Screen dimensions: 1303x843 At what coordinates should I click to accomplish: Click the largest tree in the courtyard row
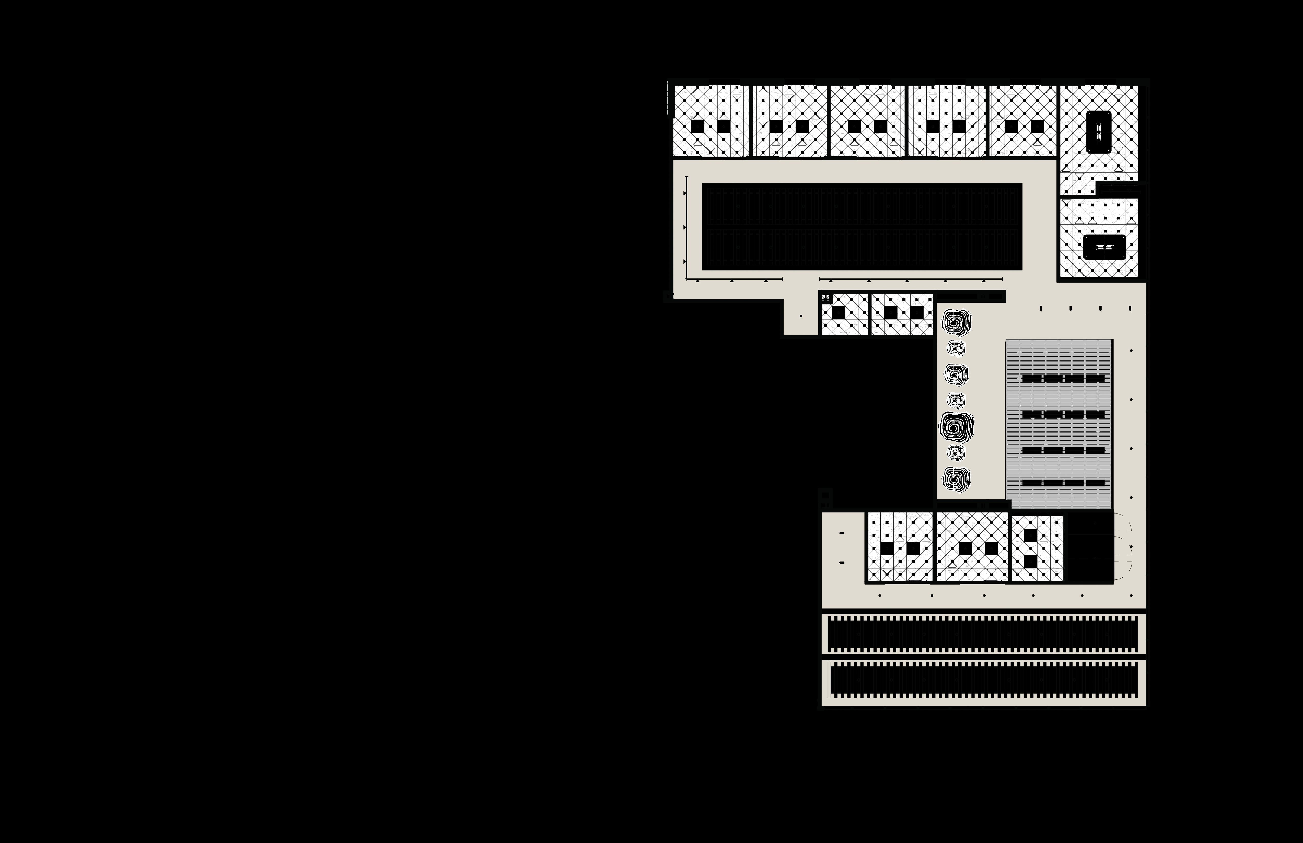[957, 426]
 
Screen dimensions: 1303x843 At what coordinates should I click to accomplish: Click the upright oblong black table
[1098, 132]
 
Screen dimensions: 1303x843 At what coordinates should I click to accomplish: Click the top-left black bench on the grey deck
[1031, 378]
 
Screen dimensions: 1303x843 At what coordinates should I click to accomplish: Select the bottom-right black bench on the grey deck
[1095, 483]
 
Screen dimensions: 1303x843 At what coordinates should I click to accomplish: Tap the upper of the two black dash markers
[842, 533]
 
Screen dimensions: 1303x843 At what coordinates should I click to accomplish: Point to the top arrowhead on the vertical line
[685, 193]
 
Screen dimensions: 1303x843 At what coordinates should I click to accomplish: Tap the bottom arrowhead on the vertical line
[685, 262]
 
